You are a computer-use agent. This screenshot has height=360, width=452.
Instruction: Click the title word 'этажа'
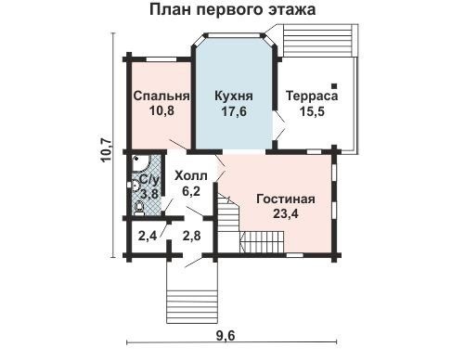[x=290, y=9]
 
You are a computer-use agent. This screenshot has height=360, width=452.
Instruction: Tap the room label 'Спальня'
[x=161, y=96]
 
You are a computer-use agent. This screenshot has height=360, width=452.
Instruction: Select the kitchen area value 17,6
[x=234, y=111]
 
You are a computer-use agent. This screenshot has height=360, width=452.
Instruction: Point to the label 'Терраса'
[x=312, y=96]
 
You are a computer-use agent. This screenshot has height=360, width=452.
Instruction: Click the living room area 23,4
[x=286, y=213]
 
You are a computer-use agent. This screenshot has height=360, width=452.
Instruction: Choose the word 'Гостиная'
[x=286, y=199]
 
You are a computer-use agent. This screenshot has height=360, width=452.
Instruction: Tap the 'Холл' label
[x=191, y=176]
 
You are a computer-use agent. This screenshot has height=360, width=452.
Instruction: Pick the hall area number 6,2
[x=191, y=191]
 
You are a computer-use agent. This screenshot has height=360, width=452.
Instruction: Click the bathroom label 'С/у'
[x=149, y=180]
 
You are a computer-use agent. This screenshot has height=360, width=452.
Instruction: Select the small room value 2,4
[x=148, y=237]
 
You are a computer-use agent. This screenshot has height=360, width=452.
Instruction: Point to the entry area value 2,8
[x=191, y=236]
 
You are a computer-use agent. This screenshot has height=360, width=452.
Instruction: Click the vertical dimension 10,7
[x=107, y=150]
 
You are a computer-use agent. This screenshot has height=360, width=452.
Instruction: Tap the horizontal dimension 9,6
[x=226, y=336]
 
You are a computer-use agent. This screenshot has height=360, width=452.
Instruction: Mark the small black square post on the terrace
[x=334, y=85]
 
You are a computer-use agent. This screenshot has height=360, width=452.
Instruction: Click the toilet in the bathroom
[x=138, y=208]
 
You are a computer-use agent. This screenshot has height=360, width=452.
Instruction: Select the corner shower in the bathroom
[x=141, y=163]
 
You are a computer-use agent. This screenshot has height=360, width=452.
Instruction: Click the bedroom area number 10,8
[x=161, y=110]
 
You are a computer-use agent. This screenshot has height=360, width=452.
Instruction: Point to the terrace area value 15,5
[x=312, y=111]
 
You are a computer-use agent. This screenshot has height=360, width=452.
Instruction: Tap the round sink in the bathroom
[x=136, y=185]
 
